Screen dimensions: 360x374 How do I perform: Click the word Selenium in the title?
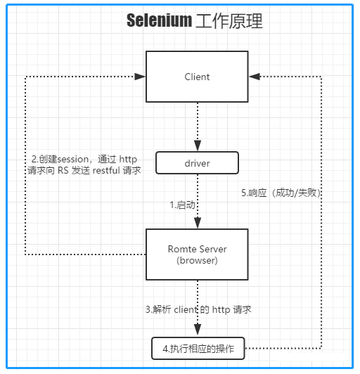[159, 20]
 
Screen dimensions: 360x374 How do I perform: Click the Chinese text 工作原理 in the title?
[229, 21]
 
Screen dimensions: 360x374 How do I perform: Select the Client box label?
[197, 77]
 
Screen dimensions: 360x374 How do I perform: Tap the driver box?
[197, 163]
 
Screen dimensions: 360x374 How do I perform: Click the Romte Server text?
[198, 249]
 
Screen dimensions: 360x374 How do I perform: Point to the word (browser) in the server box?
[197, 260]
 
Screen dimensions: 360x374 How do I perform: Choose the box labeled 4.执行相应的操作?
[198, 349]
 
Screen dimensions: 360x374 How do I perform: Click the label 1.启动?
[183, 205]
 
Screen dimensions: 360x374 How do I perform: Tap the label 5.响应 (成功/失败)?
[281, 193]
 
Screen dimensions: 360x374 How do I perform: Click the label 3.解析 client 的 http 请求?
[198, 309]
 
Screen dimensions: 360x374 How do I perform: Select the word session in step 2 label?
[73, 160]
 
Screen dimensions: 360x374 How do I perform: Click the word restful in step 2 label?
[106, 171]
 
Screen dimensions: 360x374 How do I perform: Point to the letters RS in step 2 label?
[63, 171]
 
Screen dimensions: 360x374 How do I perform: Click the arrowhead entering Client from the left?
[140, 77]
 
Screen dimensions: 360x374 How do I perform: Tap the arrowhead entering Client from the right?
[255, 77]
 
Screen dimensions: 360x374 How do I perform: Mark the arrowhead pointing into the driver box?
[198, 146]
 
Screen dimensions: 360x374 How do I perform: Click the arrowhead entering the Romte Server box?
[198, 223]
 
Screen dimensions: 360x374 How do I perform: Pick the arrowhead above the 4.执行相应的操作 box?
[198, 330]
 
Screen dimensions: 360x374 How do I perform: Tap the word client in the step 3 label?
[186, 309]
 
